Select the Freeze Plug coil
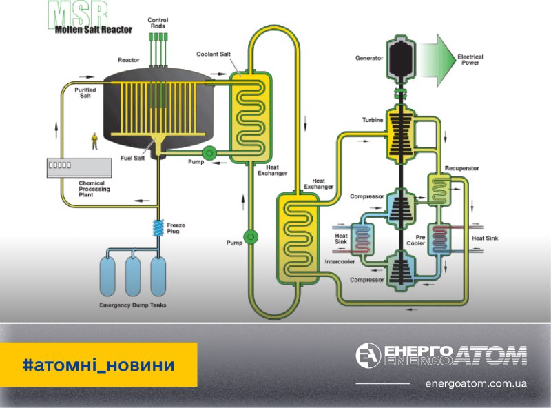coord(158,227)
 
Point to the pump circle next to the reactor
coord(209,152)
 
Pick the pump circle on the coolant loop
coord(251,236)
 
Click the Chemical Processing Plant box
coord(79,167)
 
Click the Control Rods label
coord(158,23)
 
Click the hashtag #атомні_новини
coord(98,364)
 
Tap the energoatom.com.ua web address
coord(477,383)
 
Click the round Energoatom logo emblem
coord(368,356)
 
